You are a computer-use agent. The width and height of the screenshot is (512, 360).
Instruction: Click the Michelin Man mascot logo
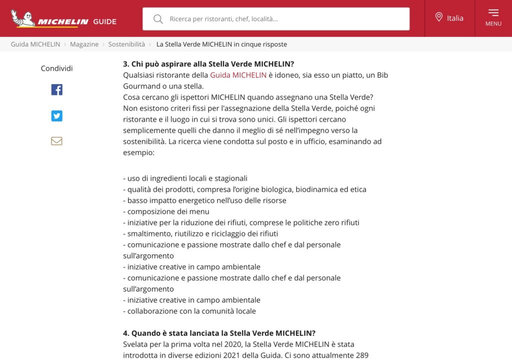tap(23, 18)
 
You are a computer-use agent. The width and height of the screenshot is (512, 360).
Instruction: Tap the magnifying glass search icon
tap(158, 19)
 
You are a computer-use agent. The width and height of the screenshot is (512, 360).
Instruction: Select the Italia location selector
tap(449, 18)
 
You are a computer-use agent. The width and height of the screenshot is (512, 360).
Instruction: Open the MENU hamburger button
tap(493, 17)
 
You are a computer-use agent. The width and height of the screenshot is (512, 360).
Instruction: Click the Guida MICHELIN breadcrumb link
tap(35, 44)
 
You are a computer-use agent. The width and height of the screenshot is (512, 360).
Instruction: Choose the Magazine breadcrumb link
tap(84, 44)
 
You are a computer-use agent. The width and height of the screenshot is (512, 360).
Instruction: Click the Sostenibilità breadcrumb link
tap(126, 44)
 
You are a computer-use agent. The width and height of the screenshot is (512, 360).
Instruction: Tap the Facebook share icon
tap(56, 90)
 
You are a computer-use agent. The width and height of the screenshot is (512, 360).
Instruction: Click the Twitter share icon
tap(56, 116)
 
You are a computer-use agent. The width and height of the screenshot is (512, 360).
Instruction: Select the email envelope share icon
tap(56, 141)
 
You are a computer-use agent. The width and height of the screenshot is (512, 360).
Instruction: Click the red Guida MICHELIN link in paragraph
tap(238, 75)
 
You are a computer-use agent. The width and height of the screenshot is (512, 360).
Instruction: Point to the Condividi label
tap(56, 68)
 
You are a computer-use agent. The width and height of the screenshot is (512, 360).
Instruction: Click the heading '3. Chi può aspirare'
tap(208, 64)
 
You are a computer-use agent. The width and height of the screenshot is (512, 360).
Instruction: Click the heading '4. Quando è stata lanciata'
tap(219, 333)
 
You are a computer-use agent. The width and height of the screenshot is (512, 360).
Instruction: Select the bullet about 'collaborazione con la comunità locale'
tap(189, 311)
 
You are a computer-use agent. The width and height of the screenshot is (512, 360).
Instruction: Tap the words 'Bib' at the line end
tap(382, 75)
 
